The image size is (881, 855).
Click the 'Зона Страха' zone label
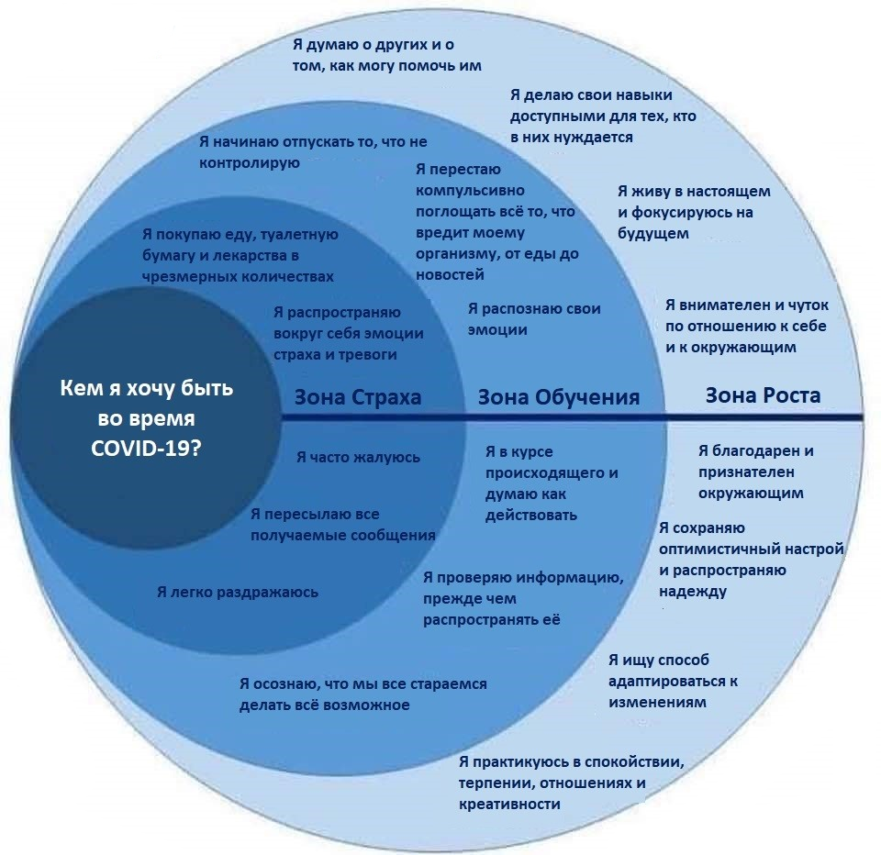click(x=358, y=397)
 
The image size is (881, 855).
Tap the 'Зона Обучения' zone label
click(x=559, y=398)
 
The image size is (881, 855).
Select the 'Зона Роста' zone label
click(x=763, y=395)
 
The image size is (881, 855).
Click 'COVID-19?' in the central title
click(x=146, y=449)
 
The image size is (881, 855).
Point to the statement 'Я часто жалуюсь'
click(x=358, y=458)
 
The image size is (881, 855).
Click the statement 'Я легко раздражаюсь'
click(x=238, y=593)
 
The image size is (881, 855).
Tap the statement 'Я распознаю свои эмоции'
click(x=534, y=319)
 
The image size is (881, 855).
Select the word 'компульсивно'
click(x=470, y=191)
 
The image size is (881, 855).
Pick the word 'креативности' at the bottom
click(x=509, y=805)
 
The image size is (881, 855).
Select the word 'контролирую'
click(x=250, y=163)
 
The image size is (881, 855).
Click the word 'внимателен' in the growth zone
click(x=722, y=305)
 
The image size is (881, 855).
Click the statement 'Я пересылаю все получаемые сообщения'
click(x=342, y=525)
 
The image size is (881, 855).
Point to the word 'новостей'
click(x=450, y=275)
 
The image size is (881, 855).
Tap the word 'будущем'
click(x=652, y=234)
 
